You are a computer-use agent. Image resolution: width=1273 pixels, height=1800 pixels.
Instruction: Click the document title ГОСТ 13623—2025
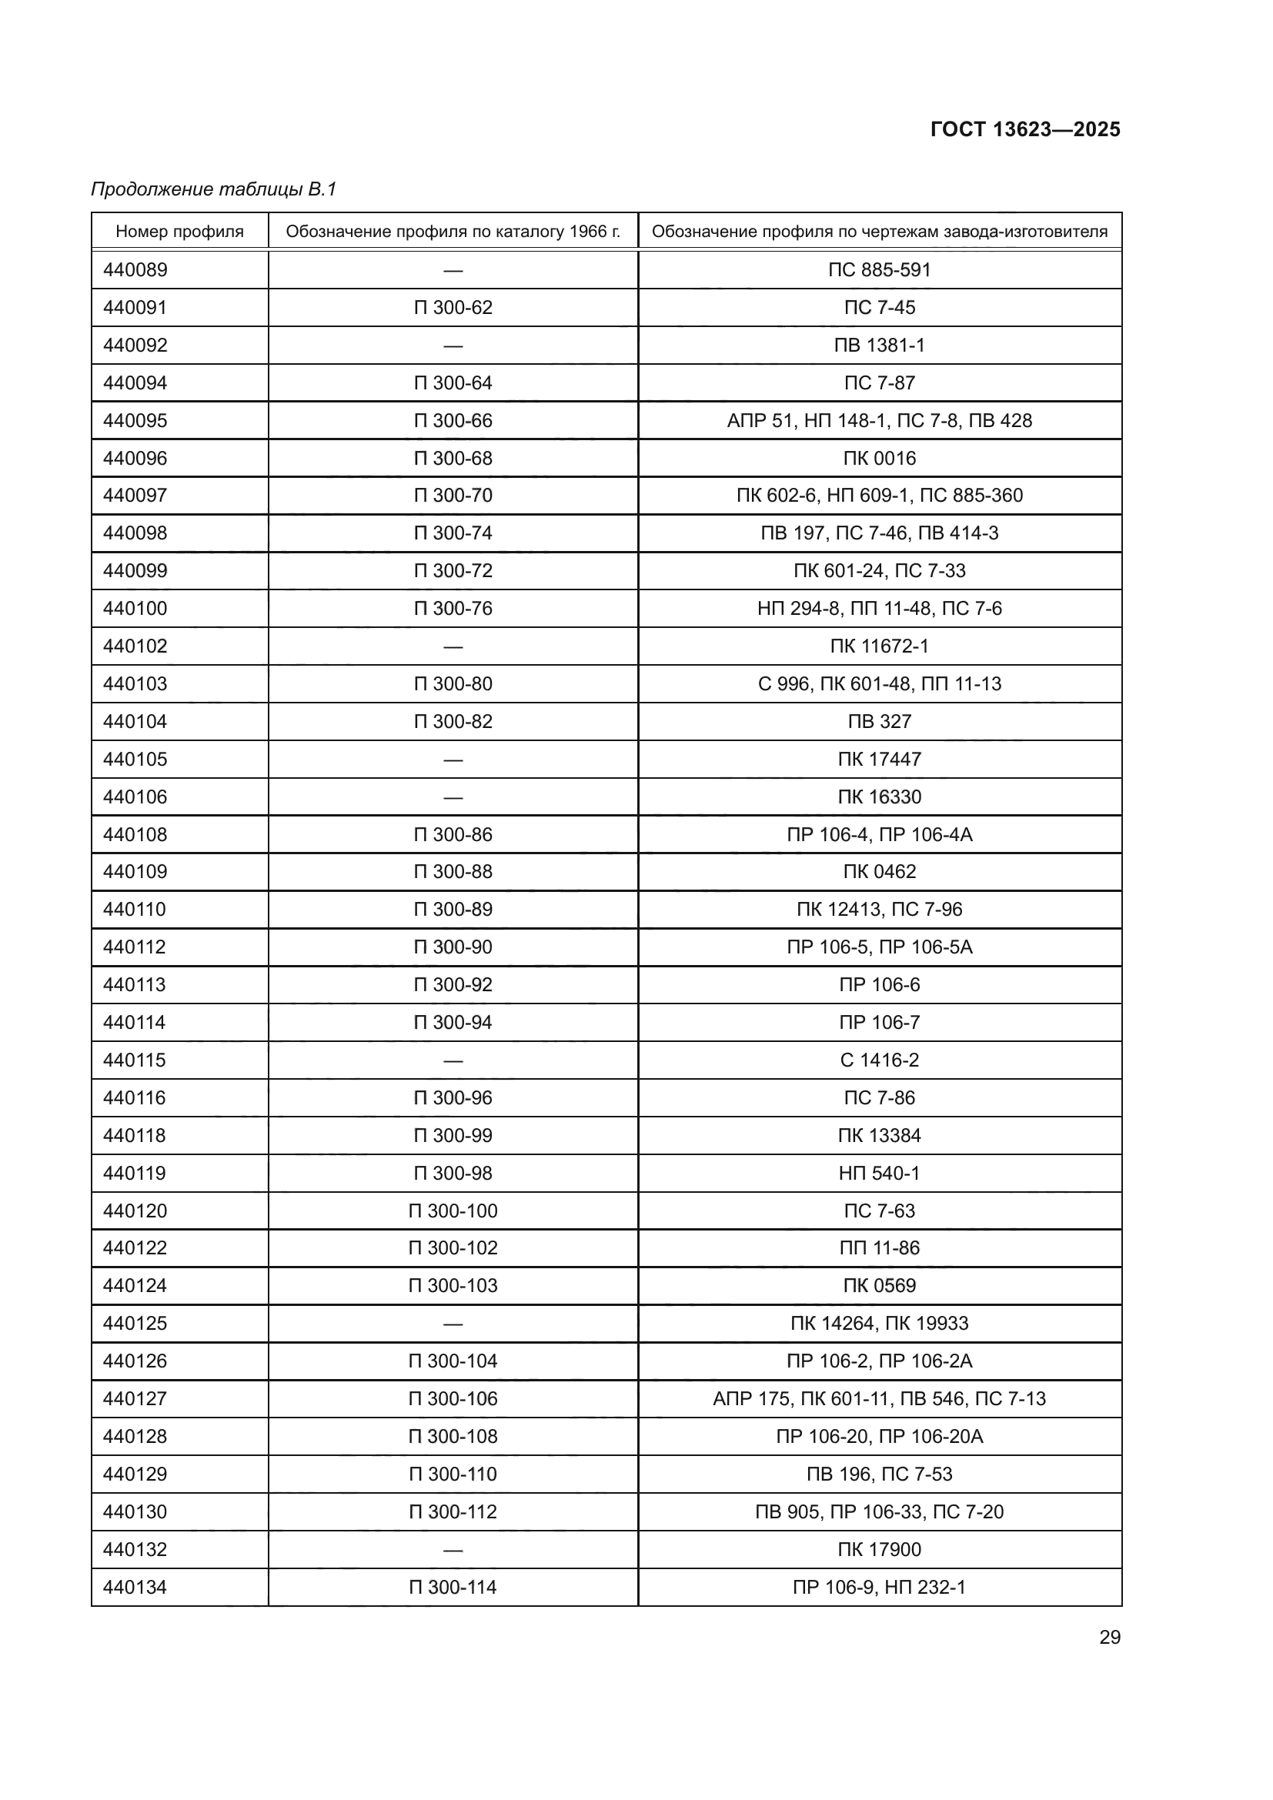(1024, 129)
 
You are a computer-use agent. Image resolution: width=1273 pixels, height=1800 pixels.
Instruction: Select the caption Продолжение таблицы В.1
(213, 189)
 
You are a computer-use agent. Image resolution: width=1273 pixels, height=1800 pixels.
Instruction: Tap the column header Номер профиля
(179, 232)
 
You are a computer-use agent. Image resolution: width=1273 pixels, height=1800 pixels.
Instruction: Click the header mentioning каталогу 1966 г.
(453, 232)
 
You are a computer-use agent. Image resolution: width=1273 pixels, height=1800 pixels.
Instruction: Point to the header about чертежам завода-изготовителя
(880, 232)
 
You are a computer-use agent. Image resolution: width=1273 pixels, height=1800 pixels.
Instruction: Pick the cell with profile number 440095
(135, 420)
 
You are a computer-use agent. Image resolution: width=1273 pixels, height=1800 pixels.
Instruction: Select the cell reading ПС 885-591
(880, 269)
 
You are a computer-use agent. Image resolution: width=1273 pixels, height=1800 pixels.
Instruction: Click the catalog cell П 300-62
(453, 307)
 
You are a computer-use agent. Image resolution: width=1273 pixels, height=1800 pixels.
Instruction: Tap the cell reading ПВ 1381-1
(880, 345)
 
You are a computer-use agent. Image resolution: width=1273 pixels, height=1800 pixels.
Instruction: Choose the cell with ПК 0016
(880, 458)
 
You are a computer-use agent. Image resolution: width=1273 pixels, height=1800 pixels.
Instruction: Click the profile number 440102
(135, 646)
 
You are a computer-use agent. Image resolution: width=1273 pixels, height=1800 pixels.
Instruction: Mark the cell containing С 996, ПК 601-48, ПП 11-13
(880, 683)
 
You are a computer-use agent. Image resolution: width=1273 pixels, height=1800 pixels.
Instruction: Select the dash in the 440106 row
(453, 797)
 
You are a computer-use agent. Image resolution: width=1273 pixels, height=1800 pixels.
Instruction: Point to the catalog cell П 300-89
(453, 910)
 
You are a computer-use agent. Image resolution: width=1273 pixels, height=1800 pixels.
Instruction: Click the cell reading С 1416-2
(880, 1060)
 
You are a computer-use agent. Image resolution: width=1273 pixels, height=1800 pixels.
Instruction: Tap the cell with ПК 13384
(880, 1135)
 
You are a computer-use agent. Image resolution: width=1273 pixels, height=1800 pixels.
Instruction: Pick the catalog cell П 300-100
(453, 1211)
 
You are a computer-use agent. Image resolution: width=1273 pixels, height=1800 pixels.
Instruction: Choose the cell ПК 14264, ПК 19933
(880, 1324)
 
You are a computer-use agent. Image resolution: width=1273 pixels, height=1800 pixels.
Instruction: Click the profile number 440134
(135, 1587)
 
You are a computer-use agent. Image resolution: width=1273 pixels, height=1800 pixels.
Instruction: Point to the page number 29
(1109, 1637)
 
